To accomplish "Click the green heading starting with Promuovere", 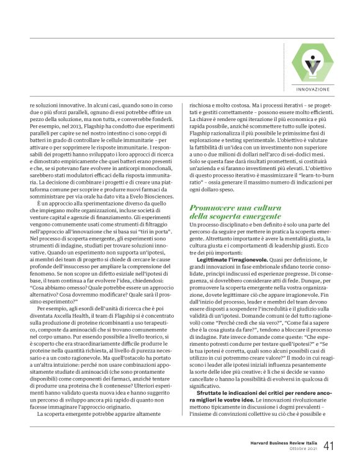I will click(x=235, y=211).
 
